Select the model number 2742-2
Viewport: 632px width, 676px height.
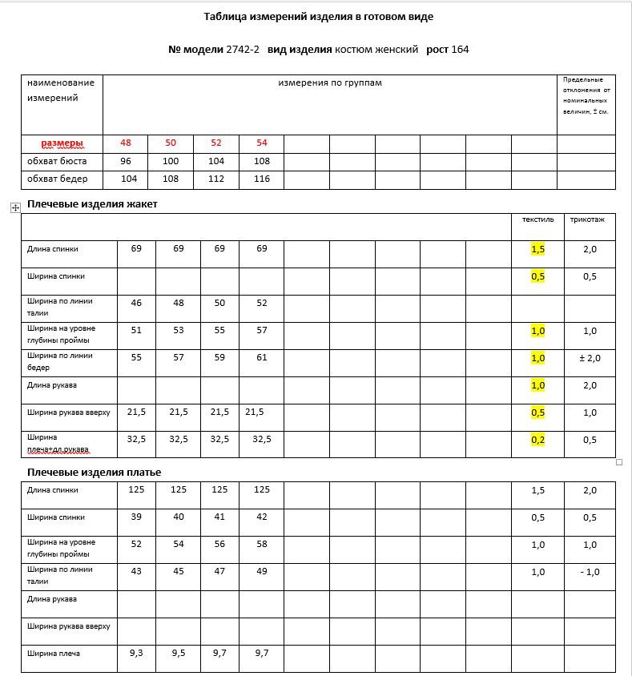(243, 50)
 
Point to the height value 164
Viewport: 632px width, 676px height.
(460, 50)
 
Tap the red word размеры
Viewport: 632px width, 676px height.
(62, 143)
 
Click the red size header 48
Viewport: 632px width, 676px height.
(126, 143)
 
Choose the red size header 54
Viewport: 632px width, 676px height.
(262, 143)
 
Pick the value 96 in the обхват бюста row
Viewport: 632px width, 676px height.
(126, 161)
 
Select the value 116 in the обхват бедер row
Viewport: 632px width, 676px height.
(262, 179)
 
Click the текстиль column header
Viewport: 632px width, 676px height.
(537, 219)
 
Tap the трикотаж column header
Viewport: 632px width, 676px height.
(587, 219)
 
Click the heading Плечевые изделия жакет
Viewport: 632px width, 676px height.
(92, 204)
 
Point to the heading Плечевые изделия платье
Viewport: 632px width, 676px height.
(94, 473)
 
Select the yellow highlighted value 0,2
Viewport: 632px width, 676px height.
(537, 440)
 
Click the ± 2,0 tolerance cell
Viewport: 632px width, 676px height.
(590, 358)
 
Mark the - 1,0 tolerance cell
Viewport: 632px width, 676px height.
(590, 572)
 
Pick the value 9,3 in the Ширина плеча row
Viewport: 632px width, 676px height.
(136, 653)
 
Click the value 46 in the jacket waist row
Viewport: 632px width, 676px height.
(136, 304)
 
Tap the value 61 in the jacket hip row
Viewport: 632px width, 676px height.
(262, 358)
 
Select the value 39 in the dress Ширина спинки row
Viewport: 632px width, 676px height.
(136, 517)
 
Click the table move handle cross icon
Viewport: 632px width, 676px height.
(15, 208)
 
